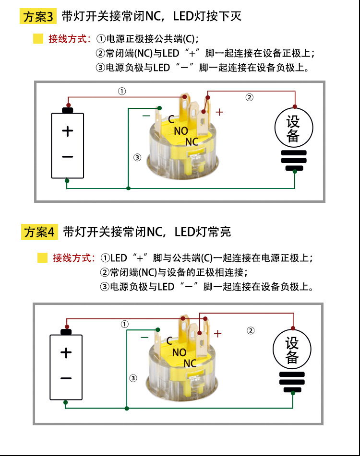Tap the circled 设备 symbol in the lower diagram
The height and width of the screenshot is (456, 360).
tap(292, 350)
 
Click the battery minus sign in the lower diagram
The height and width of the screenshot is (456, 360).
tap(66, 378)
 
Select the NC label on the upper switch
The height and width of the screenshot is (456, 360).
tap(192, 141)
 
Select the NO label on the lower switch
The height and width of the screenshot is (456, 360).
tap(179, 352)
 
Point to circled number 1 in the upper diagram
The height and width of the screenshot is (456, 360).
tap(122, 91)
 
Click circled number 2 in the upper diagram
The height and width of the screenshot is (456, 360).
tap(249, 97)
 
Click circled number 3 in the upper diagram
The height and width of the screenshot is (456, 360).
tap(137, 157)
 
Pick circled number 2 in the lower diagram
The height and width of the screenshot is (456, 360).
tap(250, 330)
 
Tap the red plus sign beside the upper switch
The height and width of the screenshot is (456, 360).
tap(219, 112)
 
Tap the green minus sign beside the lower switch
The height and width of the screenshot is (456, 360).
tap(144, 337)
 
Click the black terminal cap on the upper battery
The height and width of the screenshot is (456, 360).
tap(68, 110)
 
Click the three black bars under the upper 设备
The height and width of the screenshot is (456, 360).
tap(293, 161)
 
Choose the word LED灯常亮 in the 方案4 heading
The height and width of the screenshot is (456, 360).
tap(203, 232)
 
